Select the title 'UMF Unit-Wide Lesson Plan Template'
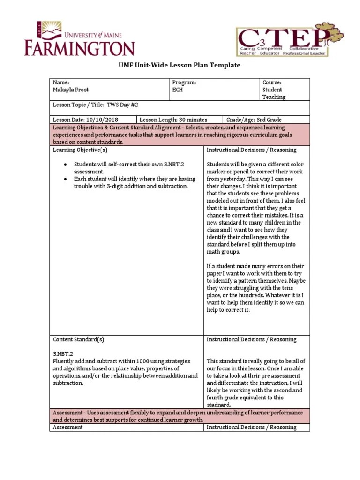(x=180, y=65)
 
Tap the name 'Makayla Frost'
(x=71, y=90)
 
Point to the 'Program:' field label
(x=184, y=82)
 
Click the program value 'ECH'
(x=178, y=90)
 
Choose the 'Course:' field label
(x=272, y=82)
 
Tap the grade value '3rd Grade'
(x=268, y=120)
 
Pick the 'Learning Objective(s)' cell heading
(x=80, y=150)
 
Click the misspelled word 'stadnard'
(x=220, y=405)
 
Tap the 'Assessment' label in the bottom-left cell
(x=67, y=427)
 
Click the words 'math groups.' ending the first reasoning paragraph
(x=224, y=252)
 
